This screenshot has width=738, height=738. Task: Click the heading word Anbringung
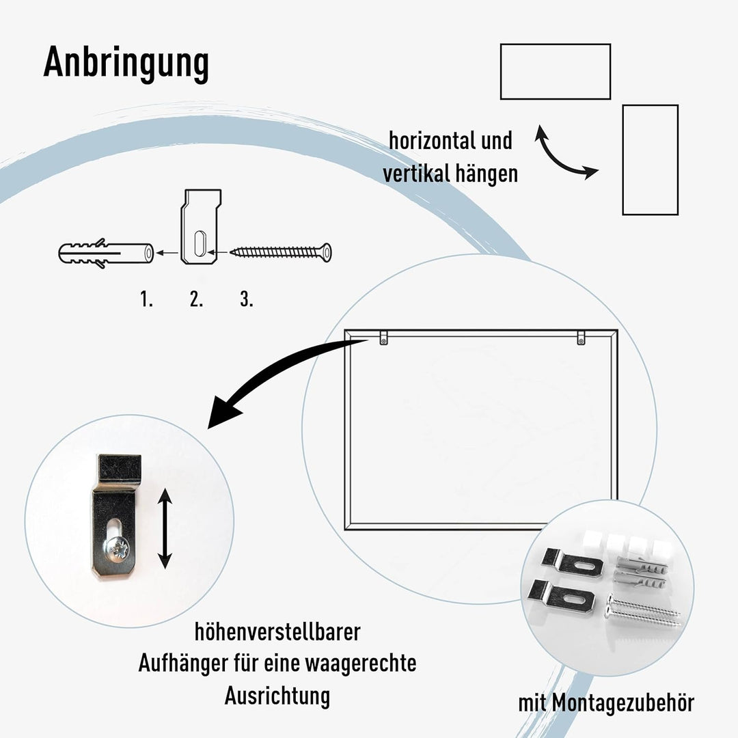(126, 64)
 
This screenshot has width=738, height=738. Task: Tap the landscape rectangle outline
(556, 44)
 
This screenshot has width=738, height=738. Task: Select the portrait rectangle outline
(624, 160)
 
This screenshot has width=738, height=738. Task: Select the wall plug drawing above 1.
(106, 254)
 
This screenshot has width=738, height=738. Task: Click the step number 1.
(146, 299)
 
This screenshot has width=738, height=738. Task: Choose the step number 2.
(196, 299)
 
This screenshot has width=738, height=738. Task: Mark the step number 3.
(247, 299)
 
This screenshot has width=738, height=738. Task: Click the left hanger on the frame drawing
(384, 338)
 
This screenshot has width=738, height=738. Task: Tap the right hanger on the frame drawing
(582, 338)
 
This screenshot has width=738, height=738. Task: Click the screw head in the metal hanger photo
(117, 549)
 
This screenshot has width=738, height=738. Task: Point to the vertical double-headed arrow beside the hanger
(164, 528)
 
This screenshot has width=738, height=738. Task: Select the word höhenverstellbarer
(277, 632)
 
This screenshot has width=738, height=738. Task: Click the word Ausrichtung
(277, 696)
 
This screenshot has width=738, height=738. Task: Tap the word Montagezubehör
(623, 703)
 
